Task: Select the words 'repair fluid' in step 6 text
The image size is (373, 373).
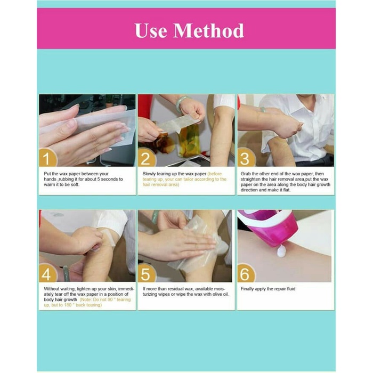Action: tap(282, 289)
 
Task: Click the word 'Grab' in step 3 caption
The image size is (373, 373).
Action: tap(247, 174)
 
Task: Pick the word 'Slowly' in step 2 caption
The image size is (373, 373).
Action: tap(150, 174)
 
